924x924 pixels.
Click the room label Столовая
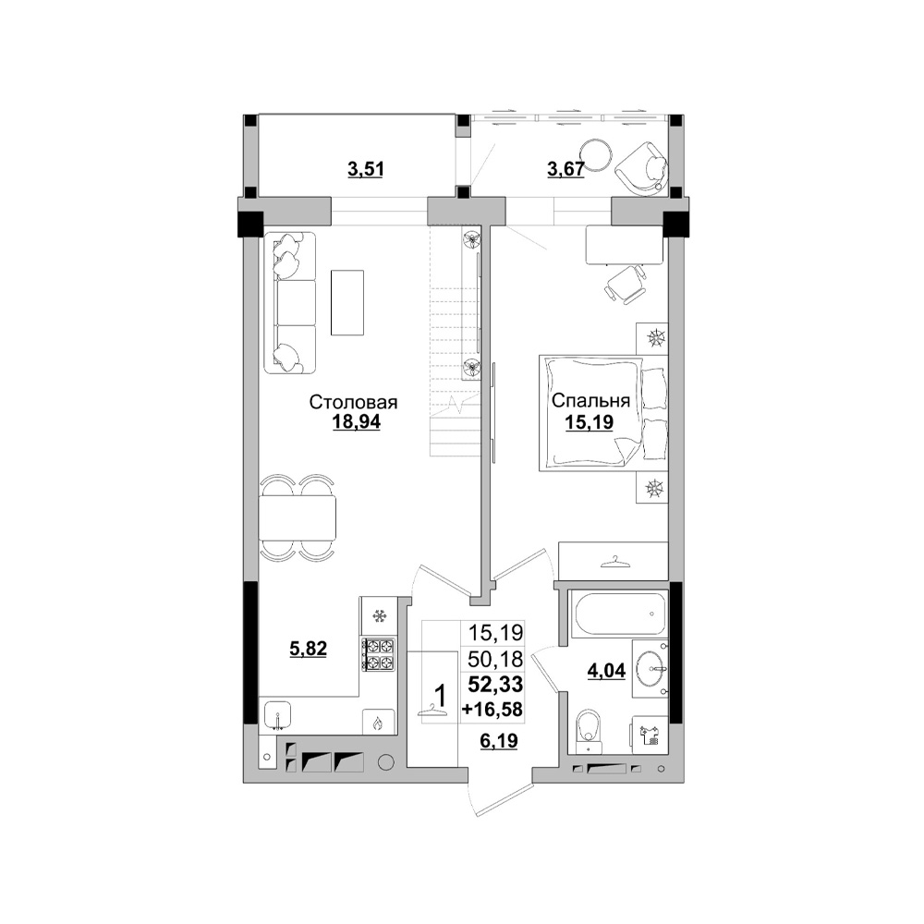pos(354,403)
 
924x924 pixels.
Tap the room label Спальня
pos(590,401)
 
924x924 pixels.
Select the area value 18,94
pos(356,422)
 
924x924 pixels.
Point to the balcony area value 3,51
pos(365,170)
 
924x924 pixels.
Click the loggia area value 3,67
pos(565,169)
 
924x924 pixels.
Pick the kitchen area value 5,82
pos(309,650)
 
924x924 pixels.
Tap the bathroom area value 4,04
pos(606,671)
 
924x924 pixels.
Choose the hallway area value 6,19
pos(499,740)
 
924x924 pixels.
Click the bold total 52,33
pos(495,684)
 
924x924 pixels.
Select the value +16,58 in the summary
pos(492,710)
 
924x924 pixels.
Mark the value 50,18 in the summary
pos(495,659)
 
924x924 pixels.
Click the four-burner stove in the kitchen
pos(378,654)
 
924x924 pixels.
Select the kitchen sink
pos(277,715)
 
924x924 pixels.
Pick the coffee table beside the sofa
pos(347,302)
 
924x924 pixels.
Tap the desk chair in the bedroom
pos(626,284)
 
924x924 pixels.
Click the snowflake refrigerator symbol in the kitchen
pos(380,616)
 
